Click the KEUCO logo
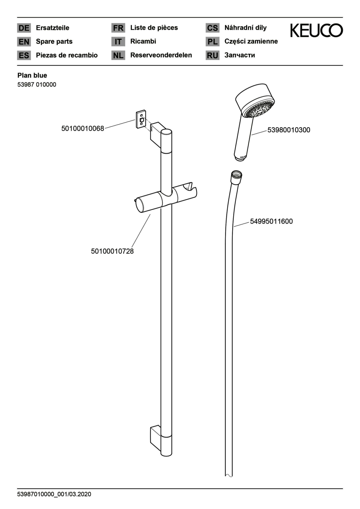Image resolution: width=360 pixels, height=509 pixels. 316,31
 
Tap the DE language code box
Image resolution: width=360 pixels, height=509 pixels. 24,28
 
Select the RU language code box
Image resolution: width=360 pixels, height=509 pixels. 212,55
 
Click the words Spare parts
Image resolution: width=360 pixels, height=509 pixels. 54,42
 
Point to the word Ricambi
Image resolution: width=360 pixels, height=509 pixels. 143,41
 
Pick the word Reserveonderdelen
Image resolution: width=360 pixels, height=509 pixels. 161,55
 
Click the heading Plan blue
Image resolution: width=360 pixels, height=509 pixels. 32,75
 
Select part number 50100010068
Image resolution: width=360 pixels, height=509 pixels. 83,128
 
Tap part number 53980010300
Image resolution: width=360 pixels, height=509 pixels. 289,130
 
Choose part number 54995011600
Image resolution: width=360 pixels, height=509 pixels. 271,221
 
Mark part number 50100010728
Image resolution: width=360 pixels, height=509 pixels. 112,251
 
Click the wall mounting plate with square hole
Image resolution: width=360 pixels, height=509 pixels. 141,119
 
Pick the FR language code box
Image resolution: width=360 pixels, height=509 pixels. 118,28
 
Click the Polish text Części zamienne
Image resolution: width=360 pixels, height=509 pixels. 251,41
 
